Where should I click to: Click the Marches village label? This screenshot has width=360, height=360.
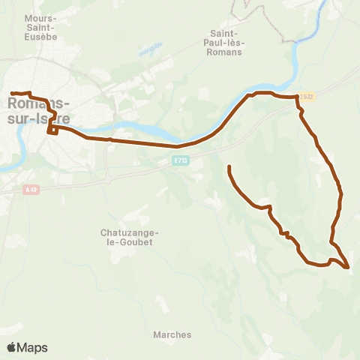click(172, 334)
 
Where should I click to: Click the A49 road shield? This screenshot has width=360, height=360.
click(30, 189)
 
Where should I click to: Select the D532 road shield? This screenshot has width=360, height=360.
click(305, 97)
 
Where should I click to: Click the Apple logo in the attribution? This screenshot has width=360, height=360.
click(12, 347)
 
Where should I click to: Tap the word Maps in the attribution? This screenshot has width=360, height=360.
click(33, 347)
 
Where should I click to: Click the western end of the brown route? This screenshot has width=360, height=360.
click(12, 93)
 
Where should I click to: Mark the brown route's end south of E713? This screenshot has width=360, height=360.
click(228, 166)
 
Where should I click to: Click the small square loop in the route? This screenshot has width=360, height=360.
click(52, 130)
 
